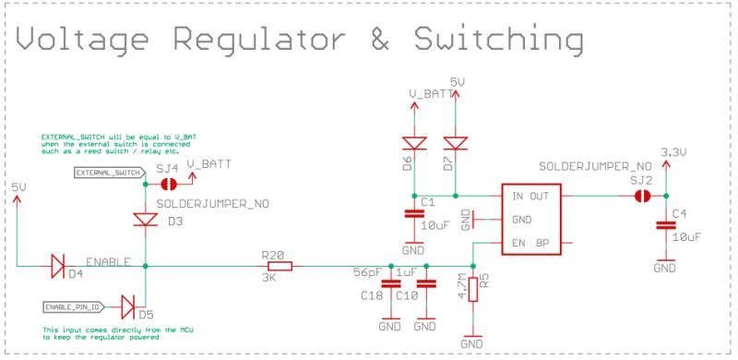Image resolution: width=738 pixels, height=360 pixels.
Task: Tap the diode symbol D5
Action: [x=127, y=305]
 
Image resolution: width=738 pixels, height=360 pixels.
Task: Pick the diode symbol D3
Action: [x=146, y=220]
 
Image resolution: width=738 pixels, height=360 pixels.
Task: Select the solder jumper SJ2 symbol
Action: [x=643, y=196]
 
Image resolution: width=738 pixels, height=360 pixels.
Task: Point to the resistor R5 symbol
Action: [x=472, y=289]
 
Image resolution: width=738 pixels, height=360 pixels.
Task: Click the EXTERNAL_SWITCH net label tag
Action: [x=108, y=172]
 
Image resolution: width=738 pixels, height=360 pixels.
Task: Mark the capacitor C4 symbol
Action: [x=663, y=225]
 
